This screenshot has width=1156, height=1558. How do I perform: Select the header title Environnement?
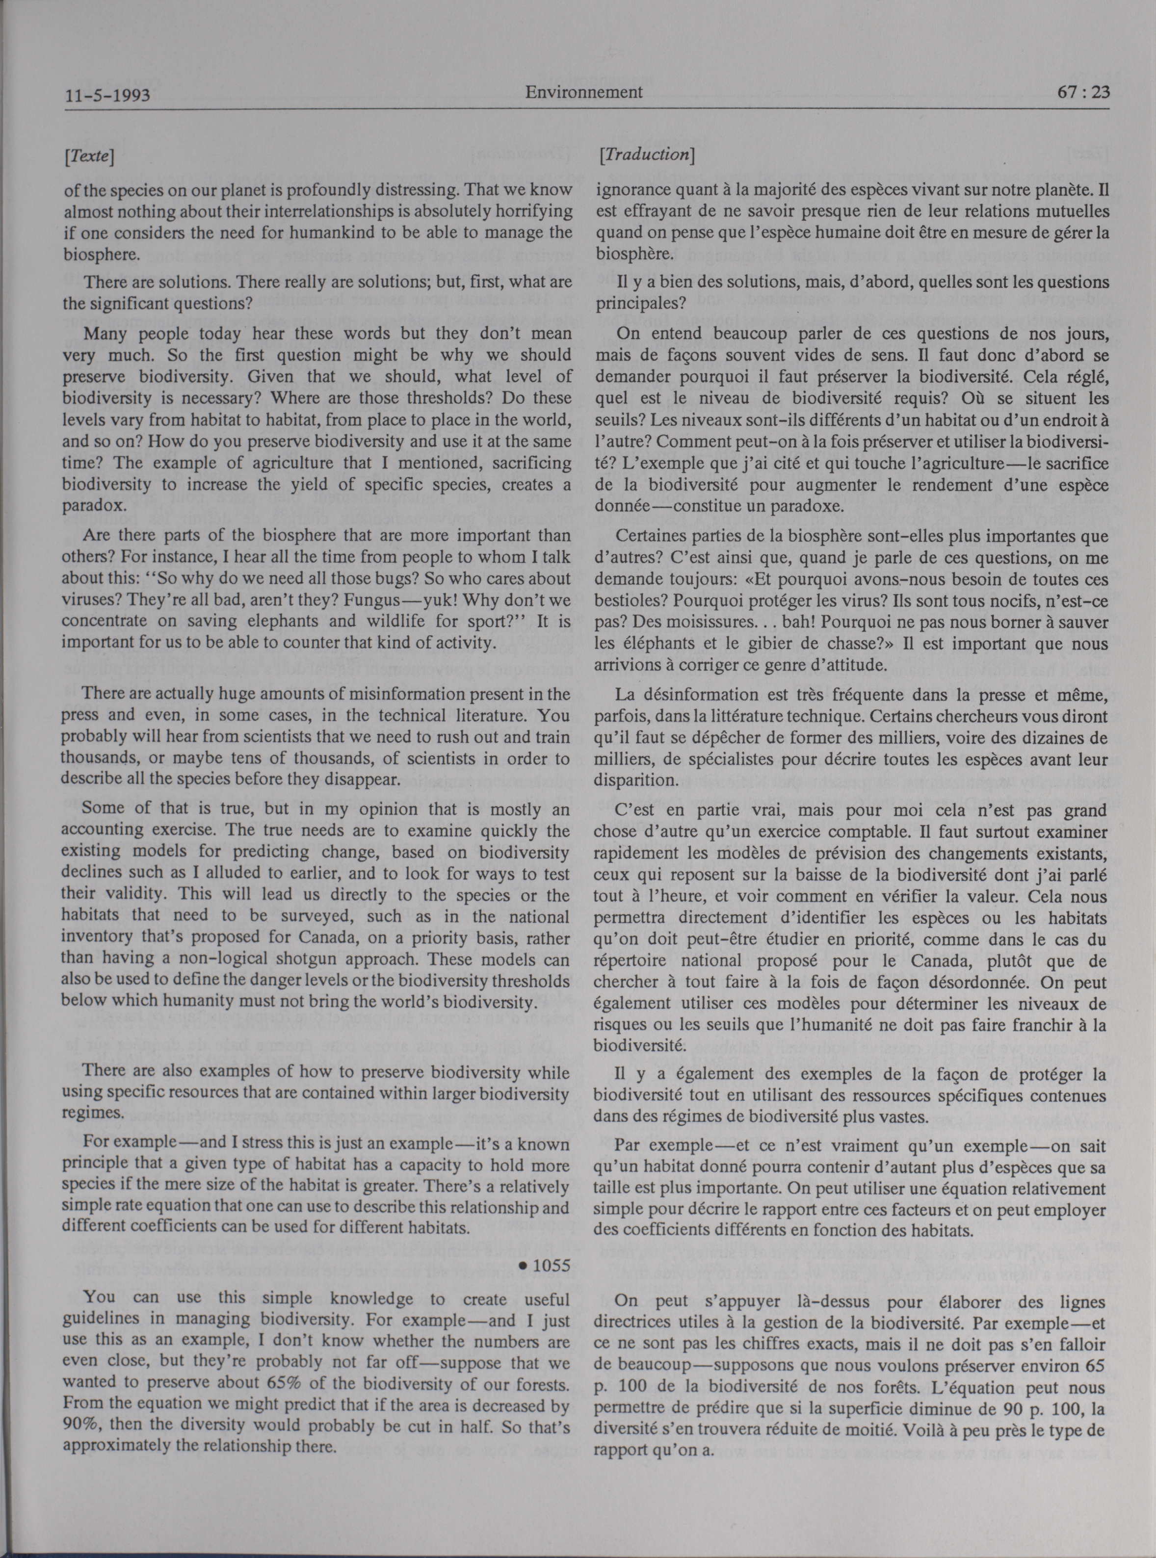(583, 92)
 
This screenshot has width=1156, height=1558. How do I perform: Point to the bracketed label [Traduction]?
(646, 156)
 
